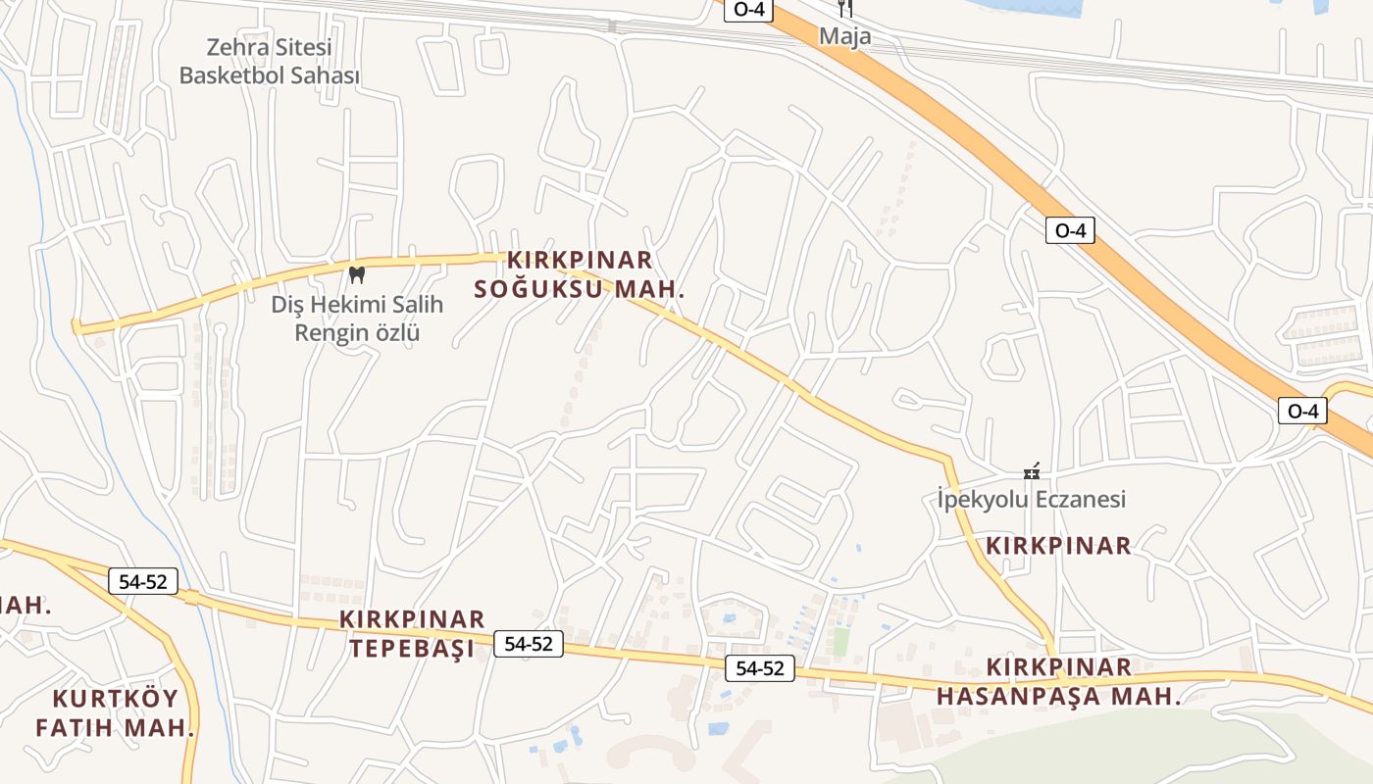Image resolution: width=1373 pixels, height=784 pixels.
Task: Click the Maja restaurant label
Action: pyautogui.click(x=845, y=36)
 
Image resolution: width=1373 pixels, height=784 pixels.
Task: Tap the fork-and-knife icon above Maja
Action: pyautogui.click(x=845, y=9)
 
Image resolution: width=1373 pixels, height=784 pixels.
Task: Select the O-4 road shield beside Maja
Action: pyautogui.click(x=749, y=9)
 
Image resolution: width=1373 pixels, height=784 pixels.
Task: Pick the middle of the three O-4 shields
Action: pyautogui.click(x=1069, y=230)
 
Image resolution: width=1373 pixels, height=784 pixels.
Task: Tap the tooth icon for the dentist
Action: pyautogui.click(x=357, y=274)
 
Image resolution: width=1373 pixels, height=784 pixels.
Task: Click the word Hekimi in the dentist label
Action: pyautogui.click(x=347, y=305)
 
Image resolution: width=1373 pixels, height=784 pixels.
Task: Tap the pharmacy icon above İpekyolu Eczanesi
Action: pyautogui.click(x=1031, y=472)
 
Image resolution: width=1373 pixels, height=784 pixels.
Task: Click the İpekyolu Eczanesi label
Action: pyautogui.click(x=1031, y=499)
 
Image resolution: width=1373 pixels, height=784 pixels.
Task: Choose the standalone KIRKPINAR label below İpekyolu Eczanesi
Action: pyautogui.click(x=1058, y=546)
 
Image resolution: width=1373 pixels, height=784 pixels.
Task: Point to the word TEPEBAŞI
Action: pyautogui.click(x=412, y=649)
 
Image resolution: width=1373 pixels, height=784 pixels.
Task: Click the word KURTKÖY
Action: pyautogui.click(x=116, y=699)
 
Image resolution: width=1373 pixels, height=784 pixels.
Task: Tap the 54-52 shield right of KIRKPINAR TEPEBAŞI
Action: pyautogui.click(x=530, y=644)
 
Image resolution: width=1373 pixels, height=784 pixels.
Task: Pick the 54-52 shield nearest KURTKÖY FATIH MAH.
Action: pyautogui.click(x=143, y=581)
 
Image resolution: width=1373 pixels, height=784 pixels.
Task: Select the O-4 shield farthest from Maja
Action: pyautogui.click(x=1302, y=411)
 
